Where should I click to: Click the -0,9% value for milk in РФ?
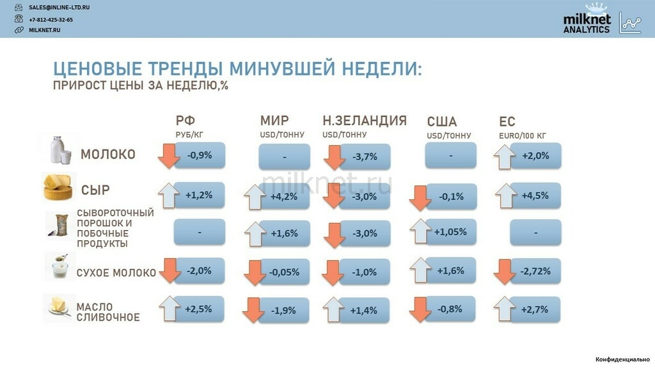[200, 155]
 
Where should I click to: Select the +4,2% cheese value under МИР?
[284, 197]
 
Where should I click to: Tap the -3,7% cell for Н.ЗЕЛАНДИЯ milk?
[365, 157]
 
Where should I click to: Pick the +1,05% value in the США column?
[450, 231]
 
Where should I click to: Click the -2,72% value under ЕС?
[535, 271]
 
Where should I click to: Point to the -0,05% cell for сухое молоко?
[284, 272]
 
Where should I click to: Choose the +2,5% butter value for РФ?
[198, 309]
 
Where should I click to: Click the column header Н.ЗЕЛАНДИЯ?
[364, 121]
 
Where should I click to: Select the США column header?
[441, 121]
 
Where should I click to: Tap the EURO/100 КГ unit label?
[522, 135]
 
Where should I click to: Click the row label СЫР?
[95, 190]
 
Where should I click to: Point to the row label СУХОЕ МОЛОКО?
[116, 273]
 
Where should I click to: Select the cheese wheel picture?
[58, 187]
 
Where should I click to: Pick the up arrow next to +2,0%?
[504, 157]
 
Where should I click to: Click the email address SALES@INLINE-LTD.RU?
[59, 8]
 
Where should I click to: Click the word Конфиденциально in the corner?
[622, 359]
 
